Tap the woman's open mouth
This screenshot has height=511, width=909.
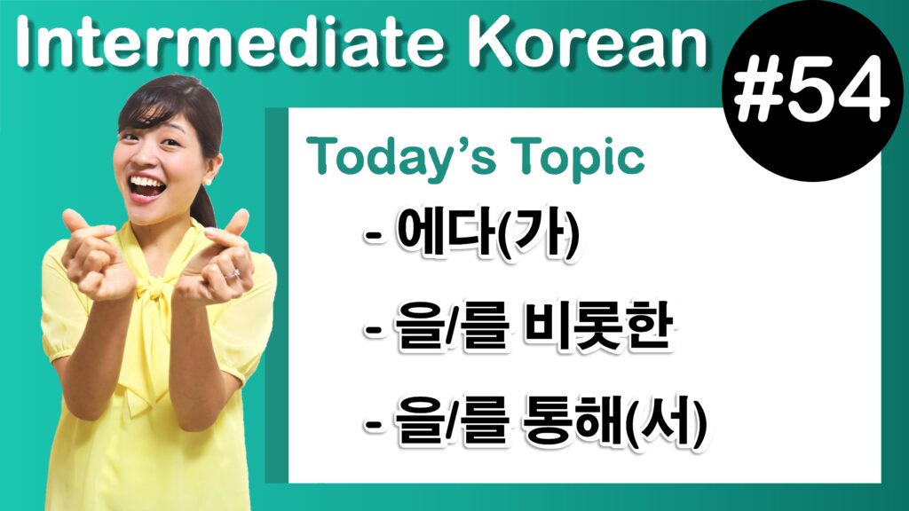[x=147, y=186]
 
